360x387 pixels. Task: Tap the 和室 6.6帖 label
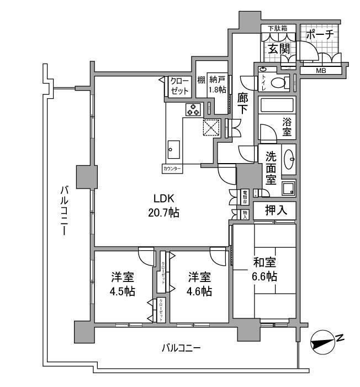265,269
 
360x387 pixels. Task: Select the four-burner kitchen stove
193,109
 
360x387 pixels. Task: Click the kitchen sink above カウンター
174,148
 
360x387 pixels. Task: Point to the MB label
321,71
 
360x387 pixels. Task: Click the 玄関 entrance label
279,49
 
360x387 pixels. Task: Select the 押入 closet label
274,211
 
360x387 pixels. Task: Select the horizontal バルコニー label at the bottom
181,348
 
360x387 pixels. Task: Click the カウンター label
172,168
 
